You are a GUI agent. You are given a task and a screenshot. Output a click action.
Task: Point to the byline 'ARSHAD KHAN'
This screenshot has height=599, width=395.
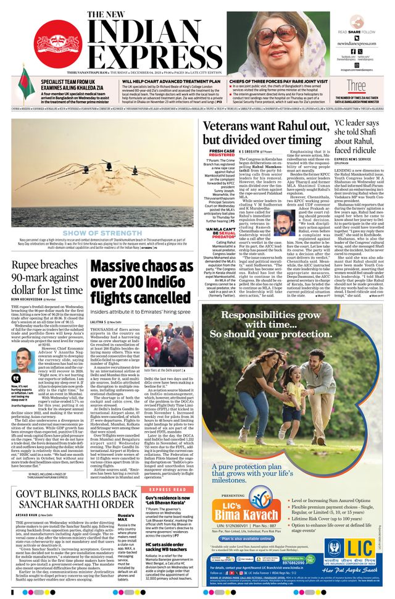click(x=28, y=514)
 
